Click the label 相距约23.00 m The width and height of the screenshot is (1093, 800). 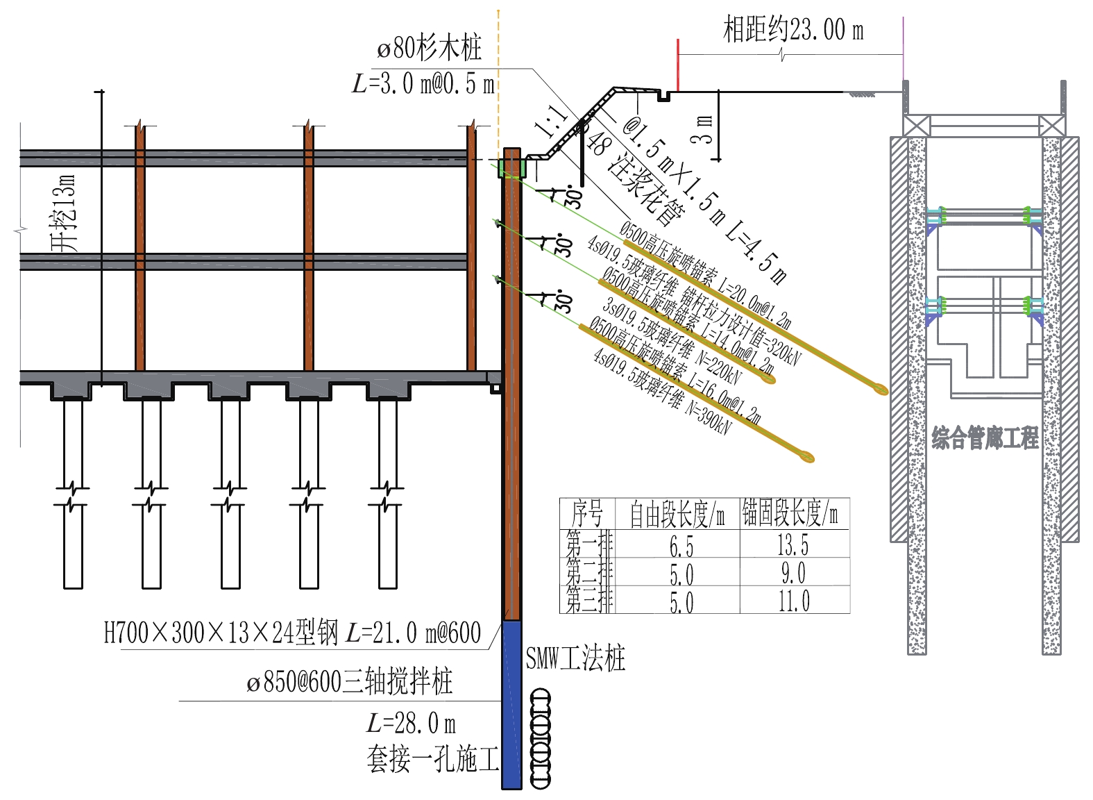click(793, 30)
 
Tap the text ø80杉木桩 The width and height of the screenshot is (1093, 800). click(429, 48)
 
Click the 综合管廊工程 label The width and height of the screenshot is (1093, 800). click(985, 437)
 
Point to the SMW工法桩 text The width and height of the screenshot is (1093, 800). click(575, 658)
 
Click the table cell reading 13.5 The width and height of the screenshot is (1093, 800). click(793, 545)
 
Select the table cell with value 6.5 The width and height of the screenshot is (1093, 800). click(681, 547)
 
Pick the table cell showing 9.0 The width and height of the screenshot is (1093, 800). click(793, 574)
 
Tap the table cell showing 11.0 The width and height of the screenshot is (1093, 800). click(793, 601)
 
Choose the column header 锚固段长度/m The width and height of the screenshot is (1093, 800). click(790, 514)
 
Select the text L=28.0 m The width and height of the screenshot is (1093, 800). click(411, 724)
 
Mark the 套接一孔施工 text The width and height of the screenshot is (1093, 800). click(432, 759)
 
